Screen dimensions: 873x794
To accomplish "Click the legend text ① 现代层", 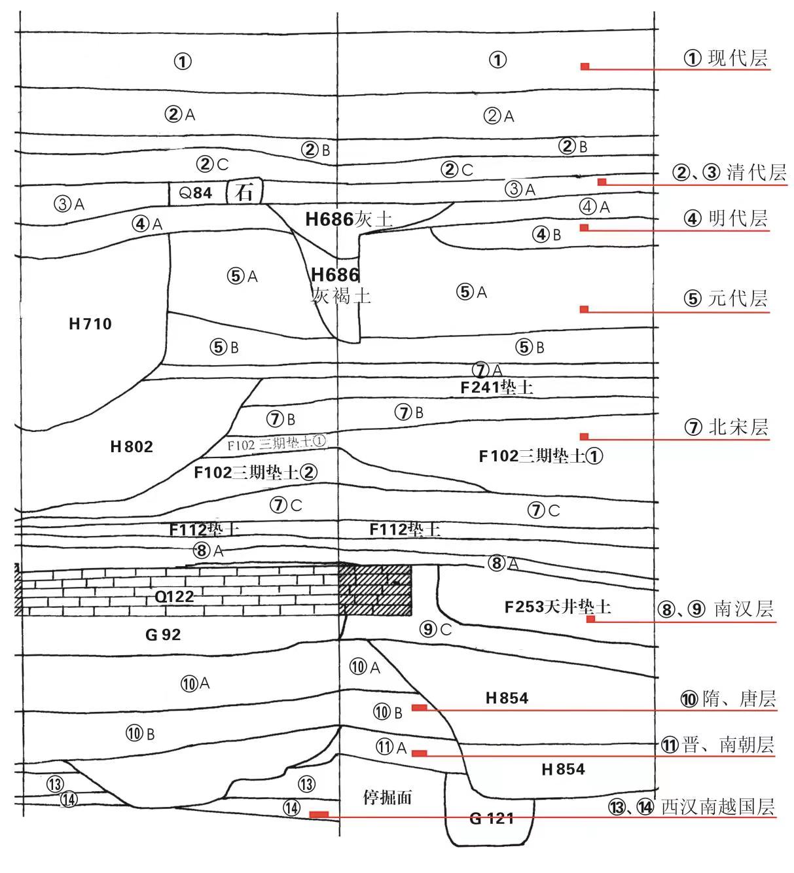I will (726, 58).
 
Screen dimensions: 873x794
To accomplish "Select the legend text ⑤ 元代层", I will (726, 298).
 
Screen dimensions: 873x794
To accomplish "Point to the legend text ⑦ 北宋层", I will (726, 427).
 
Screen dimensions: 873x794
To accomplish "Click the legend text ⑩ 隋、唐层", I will (728, 699).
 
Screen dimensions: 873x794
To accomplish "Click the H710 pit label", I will (90, 323).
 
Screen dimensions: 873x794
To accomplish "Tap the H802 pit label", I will (132, 446).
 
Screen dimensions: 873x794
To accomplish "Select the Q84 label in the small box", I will (195, 193).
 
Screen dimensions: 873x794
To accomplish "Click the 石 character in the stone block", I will (244, 192).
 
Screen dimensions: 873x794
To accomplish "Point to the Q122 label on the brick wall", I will (174, 596).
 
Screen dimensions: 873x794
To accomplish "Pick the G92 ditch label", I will (163, 634).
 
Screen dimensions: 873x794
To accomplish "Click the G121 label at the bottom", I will (492, 818).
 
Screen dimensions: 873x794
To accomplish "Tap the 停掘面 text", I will (388, 797).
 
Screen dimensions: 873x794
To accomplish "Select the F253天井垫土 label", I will (557, 607).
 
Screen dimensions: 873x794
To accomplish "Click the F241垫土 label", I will (497, 387).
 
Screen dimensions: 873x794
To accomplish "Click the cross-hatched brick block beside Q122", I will (375, 590).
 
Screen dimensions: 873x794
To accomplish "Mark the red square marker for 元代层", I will (585, 309).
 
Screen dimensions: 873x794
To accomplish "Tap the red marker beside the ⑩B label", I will (420, 707).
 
